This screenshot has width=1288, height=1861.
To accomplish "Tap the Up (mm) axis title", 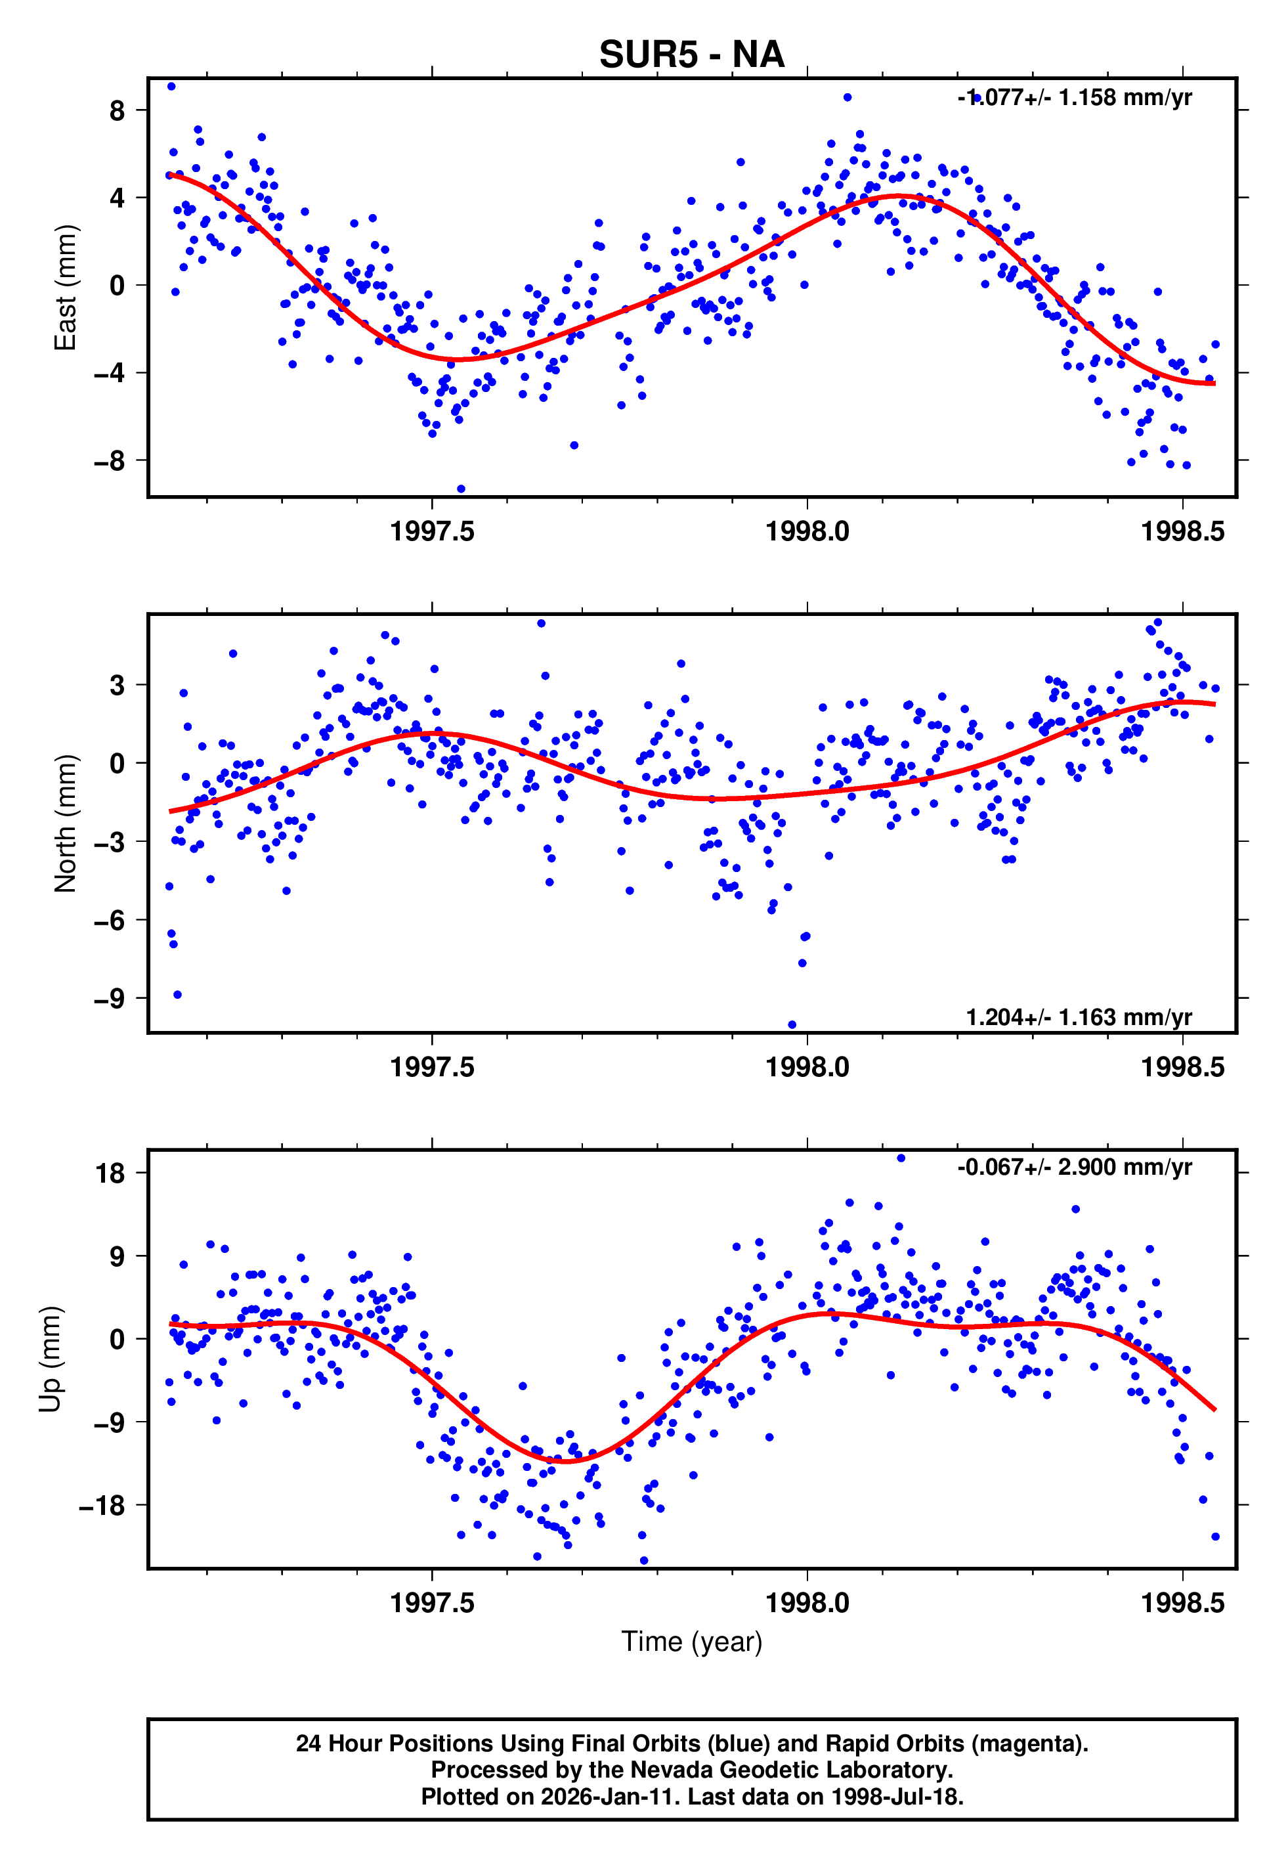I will click(x=50, y=1359).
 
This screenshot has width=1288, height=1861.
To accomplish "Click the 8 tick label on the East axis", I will click(x=117, y=110).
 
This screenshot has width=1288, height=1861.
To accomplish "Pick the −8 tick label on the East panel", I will click(x=110, y=461).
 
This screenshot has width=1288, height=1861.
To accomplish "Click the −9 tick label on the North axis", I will click(x=110, y=998).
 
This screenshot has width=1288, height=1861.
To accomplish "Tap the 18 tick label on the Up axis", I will click(x=110, y=1173).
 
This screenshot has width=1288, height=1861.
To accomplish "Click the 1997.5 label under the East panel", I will click(x=432, y=532).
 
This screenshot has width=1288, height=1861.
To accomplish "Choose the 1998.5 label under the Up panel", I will click(x=1182, y=1603).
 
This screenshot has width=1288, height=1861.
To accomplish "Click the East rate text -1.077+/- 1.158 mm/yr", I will click(x=1074, y=98).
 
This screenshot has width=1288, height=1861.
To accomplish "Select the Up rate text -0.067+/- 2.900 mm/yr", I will click(x=1074, y=1167).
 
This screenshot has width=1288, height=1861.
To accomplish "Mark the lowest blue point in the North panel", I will click(x=792, y=1025).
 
